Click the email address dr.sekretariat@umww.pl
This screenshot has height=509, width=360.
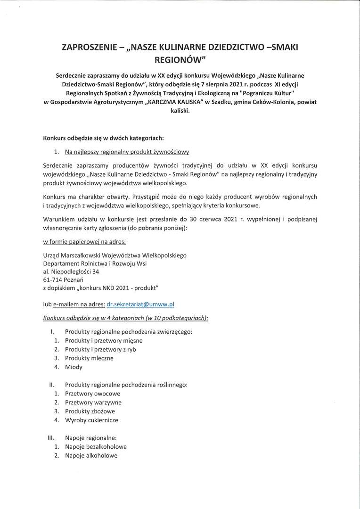(x=141, y=304)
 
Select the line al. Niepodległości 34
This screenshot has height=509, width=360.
(x=71, y=271)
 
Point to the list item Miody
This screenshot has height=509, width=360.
(x=74, y=367)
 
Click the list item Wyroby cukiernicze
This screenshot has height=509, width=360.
(x=91, y=419)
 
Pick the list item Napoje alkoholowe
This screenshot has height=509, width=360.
(x=91, y=455)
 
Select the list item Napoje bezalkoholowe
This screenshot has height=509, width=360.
(x=96, y=447)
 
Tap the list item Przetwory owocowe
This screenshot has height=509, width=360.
(x=92, y=394)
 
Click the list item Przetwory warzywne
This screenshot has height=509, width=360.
(x=93, y=402)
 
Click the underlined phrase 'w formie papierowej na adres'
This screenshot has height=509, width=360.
(x=84, y=242)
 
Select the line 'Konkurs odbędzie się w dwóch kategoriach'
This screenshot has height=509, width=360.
(x=103, y=138)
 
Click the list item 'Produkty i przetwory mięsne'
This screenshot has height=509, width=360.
(x=104, y=340)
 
